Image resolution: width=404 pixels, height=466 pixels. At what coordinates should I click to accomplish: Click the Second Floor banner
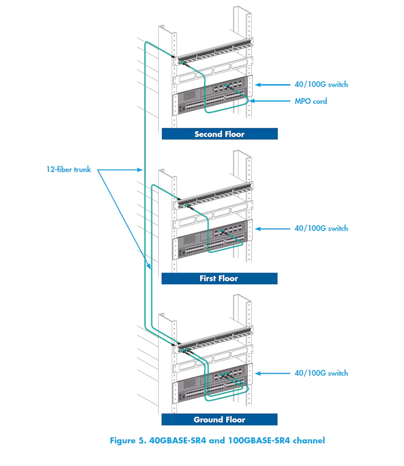pyautogui.click(x=220, y=134)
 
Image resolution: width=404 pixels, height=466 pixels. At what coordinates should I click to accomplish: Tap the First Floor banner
pyautogui.click(x=219, y=278)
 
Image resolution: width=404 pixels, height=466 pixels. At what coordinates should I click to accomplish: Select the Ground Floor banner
pyautogui.click(x=219, y=420)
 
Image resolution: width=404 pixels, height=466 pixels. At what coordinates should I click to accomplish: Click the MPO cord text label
pyautogui.click(x=310, y=101)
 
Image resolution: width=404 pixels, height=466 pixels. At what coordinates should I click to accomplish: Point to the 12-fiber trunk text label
pyautogui.click(x=69, y=169)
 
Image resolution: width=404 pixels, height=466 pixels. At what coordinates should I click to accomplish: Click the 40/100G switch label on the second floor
pyautogui.click(x=321, y=85)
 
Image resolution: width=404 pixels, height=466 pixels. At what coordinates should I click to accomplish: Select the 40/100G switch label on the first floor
pyautogui.click(x=321, y=228)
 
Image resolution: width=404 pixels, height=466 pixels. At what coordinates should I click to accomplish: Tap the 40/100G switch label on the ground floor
pyautogui.click(x=321, y=373)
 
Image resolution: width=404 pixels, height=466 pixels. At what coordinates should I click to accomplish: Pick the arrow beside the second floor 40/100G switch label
pyautogui.click(x=272, y=85)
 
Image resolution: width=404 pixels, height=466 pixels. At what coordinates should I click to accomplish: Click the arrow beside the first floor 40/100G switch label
pyautogui.click(x=272, y=229)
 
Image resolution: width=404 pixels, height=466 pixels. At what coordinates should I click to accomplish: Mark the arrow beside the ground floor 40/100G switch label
pyautogui.click(x=272, y=373)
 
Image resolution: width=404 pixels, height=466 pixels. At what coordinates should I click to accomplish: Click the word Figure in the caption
pyautogui.click(x=123, y=441)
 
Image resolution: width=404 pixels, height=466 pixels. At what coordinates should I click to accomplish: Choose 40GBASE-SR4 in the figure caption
pyautogui.click(x=177, y=441)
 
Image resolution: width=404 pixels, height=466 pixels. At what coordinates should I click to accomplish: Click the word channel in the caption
pyautogui.click(x=309, y=441)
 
